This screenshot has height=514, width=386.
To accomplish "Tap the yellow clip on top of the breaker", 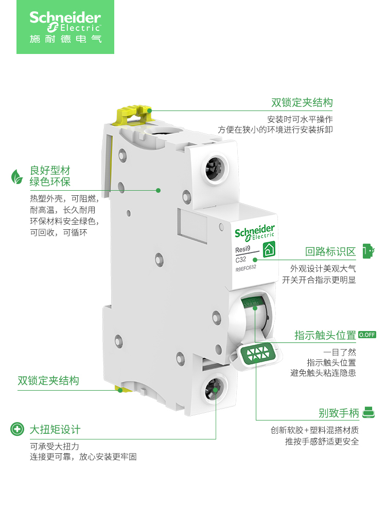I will pos(135,112).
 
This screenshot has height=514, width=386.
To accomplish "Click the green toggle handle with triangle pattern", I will pos(259,354).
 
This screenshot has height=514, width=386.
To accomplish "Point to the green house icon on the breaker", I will pos(269,250).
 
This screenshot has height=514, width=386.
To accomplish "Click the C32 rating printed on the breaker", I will pos(241,259).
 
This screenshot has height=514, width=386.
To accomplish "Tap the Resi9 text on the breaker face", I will pos(242,250).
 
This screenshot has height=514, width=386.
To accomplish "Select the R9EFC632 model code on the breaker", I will pos(245,268).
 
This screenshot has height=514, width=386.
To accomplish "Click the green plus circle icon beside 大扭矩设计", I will pos(17,429).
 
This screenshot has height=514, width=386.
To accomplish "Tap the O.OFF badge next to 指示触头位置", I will pos(367,335).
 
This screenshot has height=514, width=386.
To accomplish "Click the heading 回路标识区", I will pos(330,251).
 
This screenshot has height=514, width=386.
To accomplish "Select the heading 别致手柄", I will pos(338,413).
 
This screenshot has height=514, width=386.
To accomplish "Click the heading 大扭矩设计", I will pos(55,429).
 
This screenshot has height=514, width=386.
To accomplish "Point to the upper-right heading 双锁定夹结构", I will pos(302,102).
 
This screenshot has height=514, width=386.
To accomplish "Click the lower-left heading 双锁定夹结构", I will pos(48,381).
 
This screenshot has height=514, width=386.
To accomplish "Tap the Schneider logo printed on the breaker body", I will pos(255,232).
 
